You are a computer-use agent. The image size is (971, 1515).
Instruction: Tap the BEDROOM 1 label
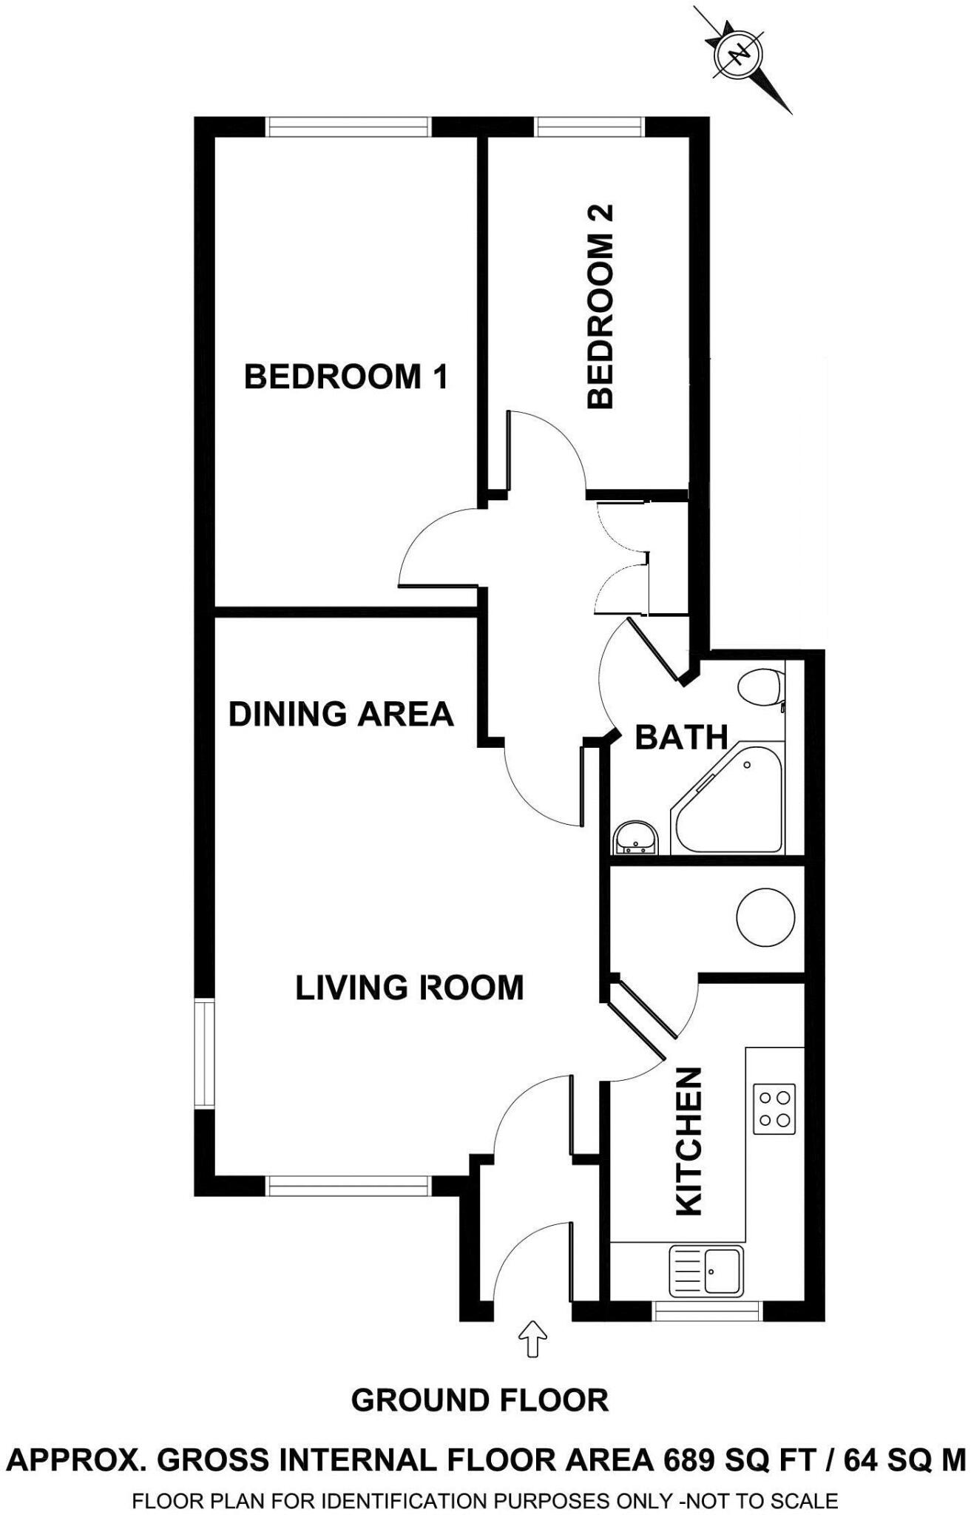click(x=346, y=377)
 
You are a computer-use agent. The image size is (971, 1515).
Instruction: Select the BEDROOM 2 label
click(x=600, y=307)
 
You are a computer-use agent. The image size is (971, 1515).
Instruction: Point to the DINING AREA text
click(x=340, y=715)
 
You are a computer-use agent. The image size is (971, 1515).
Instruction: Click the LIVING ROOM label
click(x=409, y=988)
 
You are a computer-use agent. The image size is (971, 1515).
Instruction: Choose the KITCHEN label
click(x=689, y=1141)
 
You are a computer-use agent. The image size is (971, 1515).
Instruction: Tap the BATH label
click(x=681, y=738)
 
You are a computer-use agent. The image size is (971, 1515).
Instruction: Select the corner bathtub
click(x=732, y=803)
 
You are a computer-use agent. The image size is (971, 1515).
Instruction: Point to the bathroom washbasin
click(x=635, y=837)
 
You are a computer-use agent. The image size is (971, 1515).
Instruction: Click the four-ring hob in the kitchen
click(x=774, y=1109)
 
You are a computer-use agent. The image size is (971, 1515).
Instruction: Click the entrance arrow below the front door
click(x=532, y=1340)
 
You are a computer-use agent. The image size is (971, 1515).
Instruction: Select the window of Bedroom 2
click(x=590, y=127)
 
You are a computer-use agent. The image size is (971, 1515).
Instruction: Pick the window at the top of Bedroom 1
click(x=348, y=127)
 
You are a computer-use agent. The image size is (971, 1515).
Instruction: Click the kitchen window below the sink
click(x=708, y=1312)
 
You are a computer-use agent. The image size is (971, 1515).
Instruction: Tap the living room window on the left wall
click(x=204, y=1053)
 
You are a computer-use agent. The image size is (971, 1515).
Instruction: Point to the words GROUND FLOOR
click(x=480, y=1400)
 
